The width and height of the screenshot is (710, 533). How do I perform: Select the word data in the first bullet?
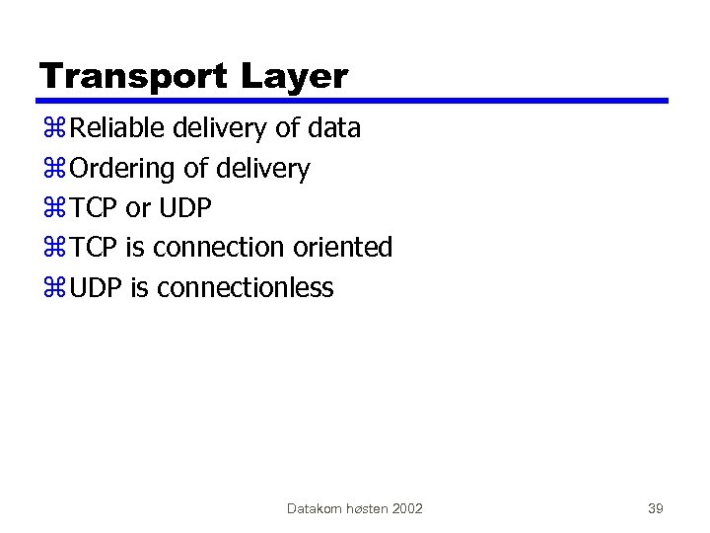[334, 128]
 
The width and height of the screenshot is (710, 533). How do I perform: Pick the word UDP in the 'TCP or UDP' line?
[184, 208]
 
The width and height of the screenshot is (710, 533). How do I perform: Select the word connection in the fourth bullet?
[218, 248]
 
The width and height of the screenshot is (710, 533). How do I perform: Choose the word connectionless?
[245, 288]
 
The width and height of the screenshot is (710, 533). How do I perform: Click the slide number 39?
[655, 508]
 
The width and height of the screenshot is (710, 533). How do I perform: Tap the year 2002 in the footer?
[407, 508]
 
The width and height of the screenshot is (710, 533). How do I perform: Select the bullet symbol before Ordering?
[53, 170]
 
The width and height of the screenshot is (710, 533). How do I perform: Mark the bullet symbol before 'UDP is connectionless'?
[53, 289]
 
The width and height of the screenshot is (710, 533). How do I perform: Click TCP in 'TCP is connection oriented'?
[96, 248]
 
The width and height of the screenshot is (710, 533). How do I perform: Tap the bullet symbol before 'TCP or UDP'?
[53, 209]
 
